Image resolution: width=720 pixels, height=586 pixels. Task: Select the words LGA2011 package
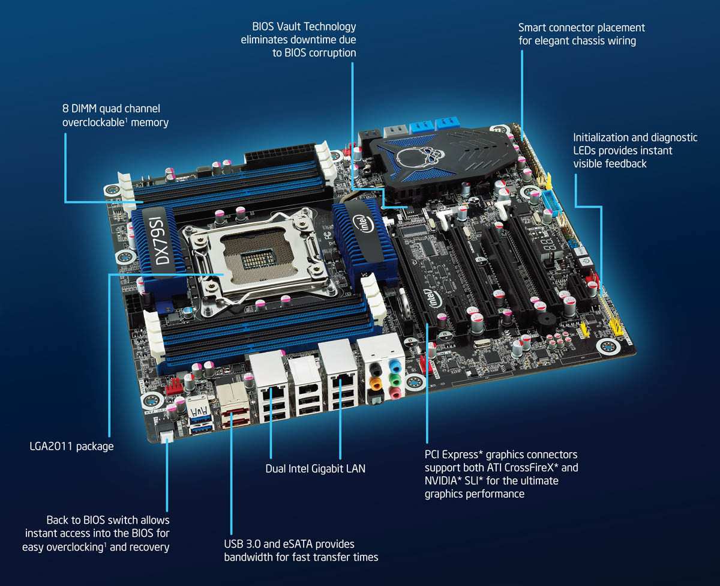tap(71, 446)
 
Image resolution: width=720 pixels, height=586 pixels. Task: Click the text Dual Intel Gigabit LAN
tap(315, 468)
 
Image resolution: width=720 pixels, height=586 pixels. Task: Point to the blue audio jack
tap(394, 364)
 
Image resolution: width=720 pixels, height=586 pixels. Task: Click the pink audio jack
tap(394, 393)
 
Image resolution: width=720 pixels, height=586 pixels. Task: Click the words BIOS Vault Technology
tap(304, 27)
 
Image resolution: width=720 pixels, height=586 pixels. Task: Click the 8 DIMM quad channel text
tap(111, 109)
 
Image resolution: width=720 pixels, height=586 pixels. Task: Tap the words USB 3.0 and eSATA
tap(269, 543)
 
